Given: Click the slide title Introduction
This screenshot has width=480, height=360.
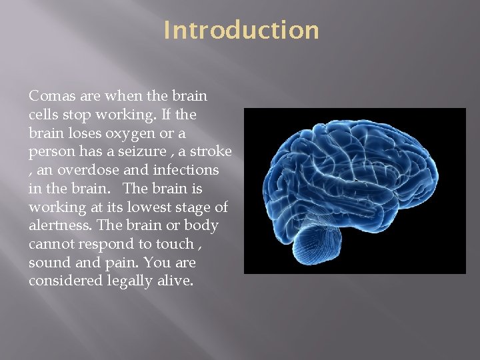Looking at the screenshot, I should [241, 31].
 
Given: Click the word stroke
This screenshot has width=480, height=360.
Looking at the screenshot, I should [210, 152].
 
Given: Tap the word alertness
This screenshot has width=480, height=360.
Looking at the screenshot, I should [59, 225].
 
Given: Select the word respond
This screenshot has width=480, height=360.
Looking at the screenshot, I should [109, 244].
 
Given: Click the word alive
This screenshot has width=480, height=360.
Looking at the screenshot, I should [174, 281].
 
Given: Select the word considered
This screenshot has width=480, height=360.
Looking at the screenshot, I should [65, 281].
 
